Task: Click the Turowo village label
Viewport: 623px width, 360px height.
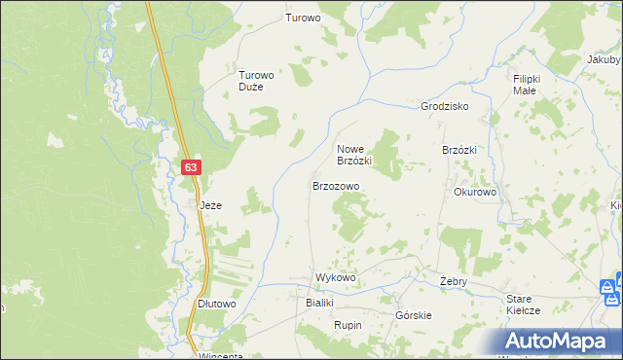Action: click(303, 18)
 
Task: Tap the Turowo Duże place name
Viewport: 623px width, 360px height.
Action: click(258, 80)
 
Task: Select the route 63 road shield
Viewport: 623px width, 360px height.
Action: click(191, 167)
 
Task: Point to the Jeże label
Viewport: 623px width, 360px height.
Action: click(211, 206)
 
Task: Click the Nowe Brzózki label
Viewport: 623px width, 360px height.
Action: click(354, 154)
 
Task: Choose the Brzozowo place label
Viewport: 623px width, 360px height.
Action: click(336, 185)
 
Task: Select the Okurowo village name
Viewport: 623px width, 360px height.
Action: click(475, 193)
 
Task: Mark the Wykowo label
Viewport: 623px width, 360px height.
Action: click(335, 278)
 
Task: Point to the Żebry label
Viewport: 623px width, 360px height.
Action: click(454, 281)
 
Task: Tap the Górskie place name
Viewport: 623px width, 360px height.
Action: click(414, 315)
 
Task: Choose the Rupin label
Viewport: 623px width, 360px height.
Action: click(348, 324)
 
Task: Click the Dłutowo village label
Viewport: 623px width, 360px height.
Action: click(217, 304)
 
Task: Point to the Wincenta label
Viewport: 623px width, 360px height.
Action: click(220, 355)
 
